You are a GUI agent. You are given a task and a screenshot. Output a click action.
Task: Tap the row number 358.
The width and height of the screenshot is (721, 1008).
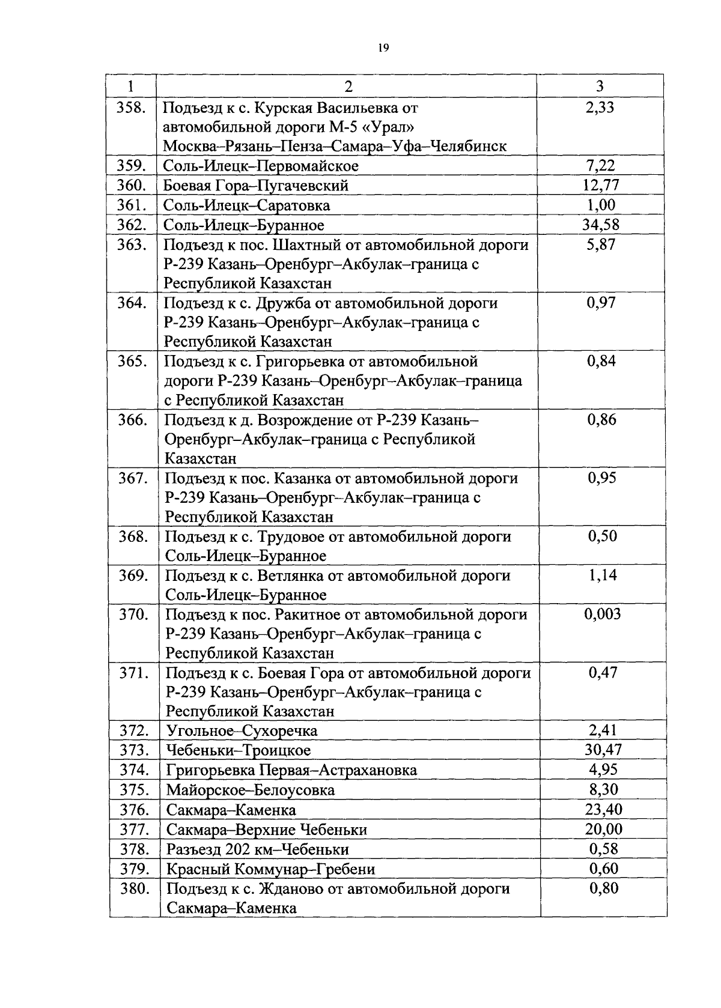tap(132, 108)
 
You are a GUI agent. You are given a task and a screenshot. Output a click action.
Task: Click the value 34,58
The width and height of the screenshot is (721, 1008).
tap(601, 225)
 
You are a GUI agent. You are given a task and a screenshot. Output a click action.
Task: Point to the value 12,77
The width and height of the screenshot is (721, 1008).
tap(601, 185)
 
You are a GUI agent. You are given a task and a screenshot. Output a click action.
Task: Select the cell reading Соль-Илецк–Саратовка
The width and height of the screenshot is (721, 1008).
tap(247, 205)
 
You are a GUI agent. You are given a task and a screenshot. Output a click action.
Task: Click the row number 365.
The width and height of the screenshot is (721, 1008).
tap(132, 361)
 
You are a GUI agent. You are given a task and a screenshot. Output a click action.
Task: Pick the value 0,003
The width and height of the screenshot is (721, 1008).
tap(603, 614)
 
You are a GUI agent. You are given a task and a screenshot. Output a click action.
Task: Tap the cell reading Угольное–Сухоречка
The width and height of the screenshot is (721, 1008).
tap(242, 731)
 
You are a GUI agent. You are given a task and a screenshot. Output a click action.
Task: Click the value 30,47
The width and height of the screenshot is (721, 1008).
tap(603, 750)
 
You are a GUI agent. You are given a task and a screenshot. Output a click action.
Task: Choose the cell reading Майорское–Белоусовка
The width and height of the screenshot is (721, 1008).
tap(250, 790)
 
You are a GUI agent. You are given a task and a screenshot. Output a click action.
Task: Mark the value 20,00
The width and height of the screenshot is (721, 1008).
tap(603, 830)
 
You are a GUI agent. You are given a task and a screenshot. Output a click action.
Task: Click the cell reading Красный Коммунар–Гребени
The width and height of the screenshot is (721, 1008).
tap(270, 869)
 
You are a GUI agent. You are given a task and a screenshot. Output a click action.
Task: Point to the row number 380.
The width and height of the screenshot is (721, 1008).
tap(135, 888)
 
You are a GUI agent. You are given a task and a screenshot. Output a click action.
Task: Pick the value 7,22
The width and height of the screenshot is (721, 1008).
tap(601, 166)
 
